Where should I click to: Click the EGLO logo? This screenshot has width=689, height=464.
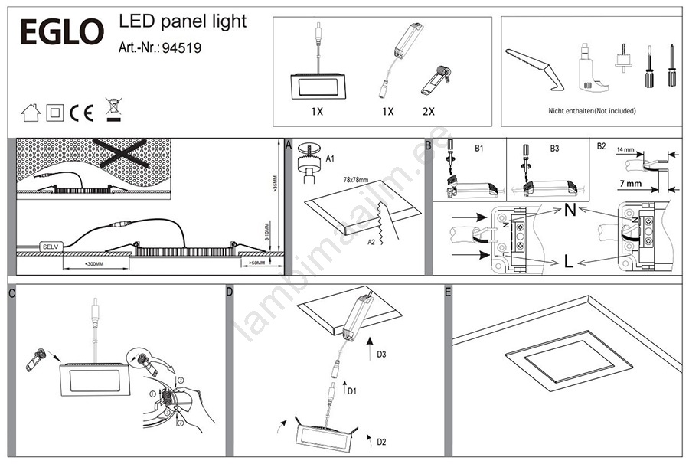60,32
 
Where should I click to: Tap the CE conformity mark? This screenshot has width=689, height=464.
81,113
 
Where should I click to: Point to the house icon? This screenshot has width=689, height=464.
31,113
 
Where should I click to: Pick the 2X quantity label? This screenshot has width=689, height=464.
428,111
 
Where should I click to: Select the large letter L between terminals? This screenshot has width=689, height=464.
568,261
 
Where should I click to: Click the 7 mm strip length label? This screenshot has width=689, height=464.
630,184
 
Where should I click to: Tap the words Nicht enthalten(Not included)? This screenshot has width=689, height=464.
592,111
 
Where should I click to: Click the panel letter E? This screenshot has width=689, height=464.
448,292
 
